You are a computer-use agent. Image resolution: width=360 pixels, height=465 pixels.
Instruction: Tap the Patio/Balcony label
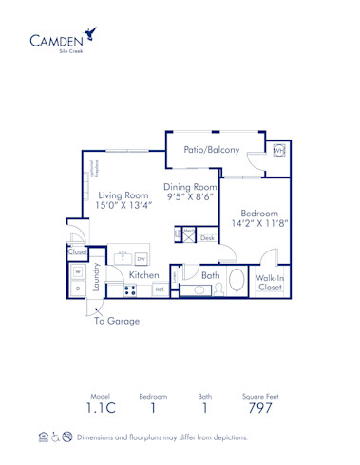click(x=211, y=150)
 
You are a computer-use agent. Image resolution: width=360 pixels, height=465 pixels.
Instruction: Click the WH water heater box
click(x=279, y=151)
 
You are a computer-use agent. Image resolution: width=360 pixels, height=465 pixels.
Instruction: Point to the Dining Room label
click(x=190, y=187)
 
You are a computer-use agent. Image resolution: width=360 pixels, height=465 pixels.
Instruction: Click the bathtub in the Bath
click(x=235, y=289)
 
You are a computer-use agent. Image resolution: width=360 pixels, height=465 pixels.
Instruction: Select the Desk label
click(x=207, y=237)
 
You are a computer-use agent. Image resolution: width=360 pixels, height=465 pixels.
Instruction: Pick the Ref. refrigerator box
click(x=160, y=288)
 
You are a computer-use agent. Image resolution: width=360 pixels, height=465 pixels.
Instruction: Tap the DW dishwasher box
click(x=141, y=257)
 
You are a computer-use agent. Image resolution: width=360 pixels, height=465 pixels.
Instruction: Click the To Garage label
click(x=116, y=321)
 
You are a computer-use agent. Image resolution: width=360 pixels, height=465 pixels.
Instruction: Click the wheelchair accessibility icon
click(x=55, y=437)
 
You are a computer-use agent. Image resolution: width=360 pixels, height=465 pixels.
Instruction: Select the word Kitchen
click(x=144, y=274)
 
